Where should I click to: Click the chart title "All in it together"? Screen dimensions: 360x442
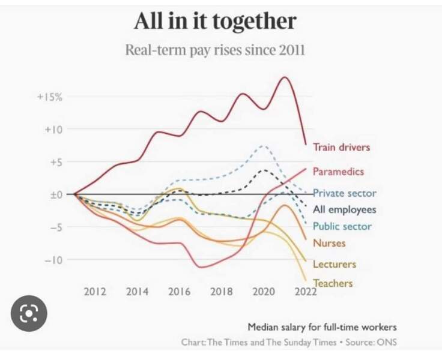(x=214, y=22)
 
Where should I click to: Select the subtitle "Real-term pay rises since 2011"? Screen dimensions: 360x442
(x=214, y=50)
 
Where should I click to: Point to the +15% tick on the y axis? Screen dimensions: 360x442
(x=50, y=97)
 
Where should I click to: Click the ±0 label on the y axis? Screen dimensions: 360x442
(x=55, y=194)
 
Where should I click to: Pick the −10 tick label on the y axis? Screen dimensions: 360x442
(x=53, y=260)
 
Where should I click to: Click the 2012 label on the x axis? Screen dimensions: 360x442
(x=95, y=292)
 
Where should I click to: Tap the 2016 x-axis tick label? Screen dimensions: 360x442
(x=180, y=292)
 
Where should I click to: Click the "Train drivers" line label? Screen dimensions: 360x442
(x=341, y=147)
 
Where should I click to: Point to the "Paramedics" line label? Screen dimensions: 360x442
(x=338, y=172)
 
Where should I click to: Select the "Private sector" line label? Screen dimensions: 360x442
(x=344, y=193)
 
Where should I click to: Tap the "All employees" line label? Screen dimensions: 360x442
(x=344, y=209)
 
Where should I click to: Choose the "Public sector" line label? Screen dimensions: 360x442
(x=342, y=226)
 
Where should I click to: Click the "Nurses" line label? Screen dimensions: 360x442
(x=329, y=243)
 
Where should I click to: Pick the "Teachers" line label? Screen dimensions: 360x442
(x=333, y=283)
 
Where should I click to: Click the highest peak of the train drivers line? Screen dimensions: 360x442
(x=283, y=77)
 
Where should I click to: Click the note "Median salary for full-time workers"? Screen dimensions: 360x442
(x=322, y=328)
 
